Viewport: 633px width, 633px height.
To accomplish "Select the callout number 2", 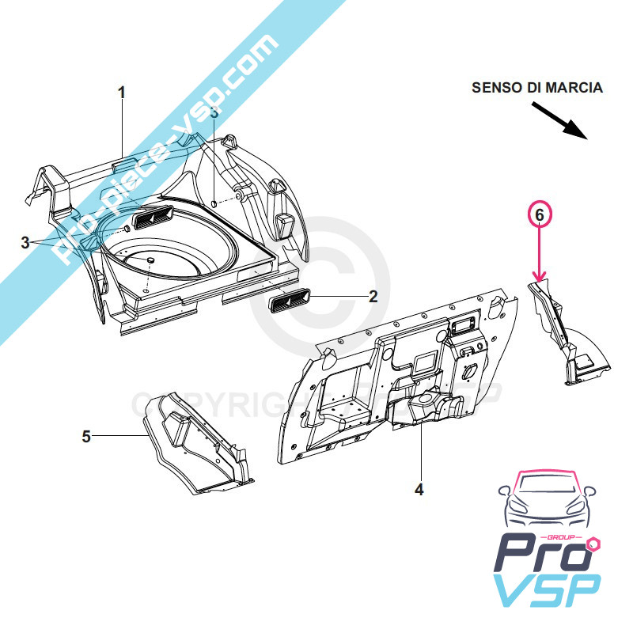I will [x=373, y=297].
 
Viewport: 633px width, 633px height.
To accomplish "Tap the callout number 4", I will [x=419, y=490].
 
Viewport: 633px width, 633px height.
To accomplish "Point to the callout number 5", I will [x=87, y=436].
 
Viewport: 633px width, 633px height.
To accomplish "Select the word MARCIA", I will [x=575, y=88].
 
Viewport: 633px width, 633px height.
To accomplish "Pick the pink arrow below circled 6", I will [x=539, y=253].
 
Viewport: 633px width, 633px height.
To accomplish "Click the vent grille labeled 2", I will [x=290, y=301].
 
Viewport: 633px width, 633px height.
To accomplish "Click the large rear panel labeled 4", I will [x=396, y=372].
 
